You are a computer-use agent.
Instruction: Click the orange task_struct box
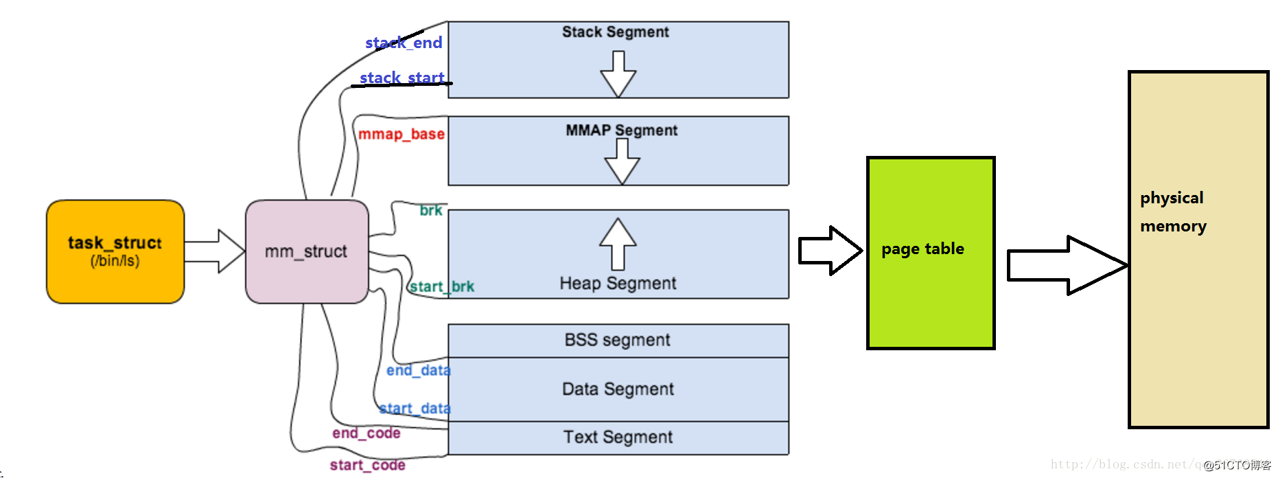pyautogui.click(x=115, y=251)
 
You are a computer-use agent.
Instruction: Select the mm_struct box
pyautogui.click(x=306, y=251)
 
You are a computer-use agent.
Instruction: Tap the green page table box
pyautogui.click(x=930, y=253)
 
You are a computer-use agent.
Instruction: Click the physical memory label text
pyautogui.click(x=1173, y=212)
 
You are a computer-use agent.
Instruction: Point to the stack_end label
pyautogui.click(x=404, y=43)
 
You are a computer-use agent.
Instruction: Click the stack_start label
pyautogui.click(x=402, y=78)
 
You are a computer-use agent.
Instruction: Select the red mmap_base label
pyautogui.click(x=402, y=134)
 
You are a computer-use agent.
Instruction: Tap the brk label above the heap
pyautogui.click(x=431, y=210)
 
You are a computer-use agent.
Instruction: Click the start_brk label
pyautogui.click(x=442, y=286)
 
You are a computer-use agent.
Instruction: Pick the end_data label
pyautogui.click(x=418, y=370)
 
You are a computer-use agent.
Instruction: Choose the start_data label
pyautogui.click(x=415, y=409)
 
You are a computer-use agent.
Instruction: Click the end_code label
pyautogui.click(x=366, y=433)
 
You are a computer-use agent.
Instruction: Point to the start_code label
pyautogui.click(x=367, y=465)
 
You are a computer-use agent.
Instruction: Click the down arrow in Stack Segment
pyautogui.click(x=618, y=74)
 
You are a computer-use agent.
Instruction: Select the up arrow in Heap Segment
pyautogui.click(x=618, y=244)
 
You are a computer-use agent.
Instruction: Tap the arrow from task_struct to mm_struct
pyautogui.click(x=214, y=251)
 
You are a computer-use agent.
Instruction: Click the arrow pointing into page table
pyautogui.click(x=830, y=251)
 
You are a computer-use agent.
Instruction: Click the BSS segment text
pyautogui.click(x=617, y=340)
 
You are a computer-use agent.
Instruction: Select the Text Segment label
pyautogui.click(x=618, y=437)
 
